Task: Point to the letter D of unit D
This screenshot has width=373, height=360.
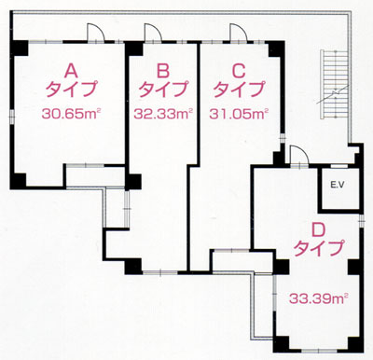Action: pos(318,230)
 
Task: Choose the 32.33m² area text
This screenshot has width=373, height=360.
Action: pos(163,114)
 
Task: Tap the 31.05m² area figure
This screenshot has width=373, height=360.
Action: pos(239,114)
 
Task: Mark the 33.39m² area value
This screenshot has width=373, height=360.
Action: pos(318,298)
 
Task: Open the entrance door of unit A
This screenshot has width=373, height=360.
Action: pos(94,32)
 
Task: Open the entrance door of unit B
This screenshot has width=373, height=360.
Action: pos(153,32)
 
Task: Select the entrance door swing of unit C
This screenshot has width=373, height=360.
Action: pos(239,32)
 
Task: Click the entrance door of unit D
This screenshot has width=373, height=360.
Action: pos(298,155)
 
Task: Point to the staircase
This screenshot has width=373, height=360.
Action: pos(335,85)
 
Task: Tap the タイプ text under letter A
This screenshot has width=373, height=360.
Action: pos(71,90)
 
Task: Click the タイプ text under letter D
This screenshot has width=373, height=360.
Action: pos(319,248)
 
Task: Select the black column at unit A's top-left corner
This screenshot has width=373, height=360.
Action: pos(21,48)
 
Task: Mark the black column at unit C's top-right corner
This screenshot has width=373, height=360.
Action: pos(276,48)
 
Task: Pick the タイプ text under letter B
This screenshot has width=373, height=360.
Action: pos(163,90)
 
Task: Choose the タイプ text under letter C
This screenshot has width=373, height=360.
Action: pos(239,90)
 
